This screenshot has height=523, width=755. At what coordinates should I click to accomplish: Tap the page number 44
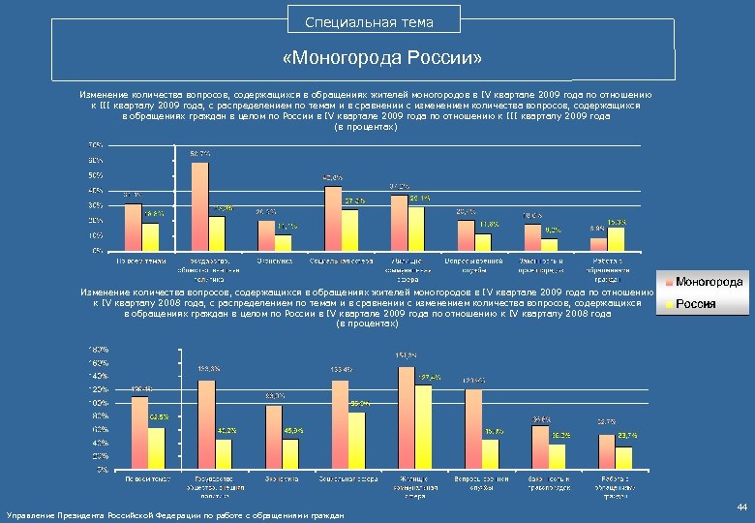[x=741, y=508]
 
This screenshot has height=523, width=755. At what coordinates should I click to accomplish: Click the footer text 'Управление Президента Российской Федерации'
[x=174, y=515]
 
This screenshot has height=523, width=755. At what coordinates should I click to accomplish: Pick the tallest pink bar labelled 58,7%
[x=200, y=205]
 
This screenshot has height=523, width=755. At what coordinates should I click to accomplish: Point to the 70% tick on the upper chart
[x=97, y=145]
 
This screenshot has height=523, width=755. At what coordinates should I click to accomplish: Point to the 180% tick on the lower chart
[x=99, y=349]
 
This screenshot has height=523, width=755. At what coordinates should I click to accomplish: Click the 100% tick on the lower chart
[x=99, y=402]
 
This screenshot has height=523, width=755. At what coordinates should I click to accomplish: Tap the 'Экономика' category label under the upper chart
[x=269, y=261]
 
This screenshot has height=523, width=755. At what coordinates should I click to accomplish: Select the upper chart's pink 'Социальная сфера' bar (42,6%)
[x=333, y=218]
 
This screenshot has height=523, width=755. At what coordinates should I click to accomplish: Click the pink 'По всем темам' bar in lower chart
[x=139, y=432]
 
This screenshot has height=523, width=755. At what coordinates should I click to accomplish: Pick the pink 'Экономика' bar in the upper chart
[x=266, y=235]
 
